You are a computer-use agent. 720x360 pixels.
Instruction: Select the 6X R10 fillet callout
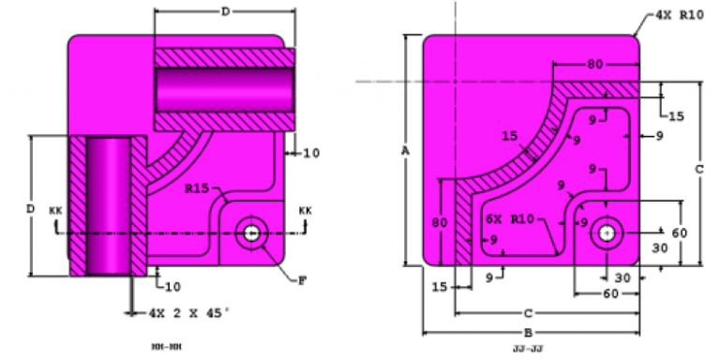tap(509, 219)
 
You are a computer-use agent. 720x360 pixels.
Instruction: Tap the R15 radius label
tap(196, 188)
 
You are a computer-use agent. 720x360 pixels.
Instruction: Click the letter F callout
tap(301, 278)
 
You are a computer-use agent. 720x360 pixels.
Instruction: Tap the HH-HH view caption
tap(166, 347)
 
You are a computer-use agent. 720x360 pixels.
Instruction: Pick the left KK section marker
tap(55, 211)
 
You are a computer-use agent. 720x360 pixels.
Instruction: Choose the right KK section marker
tap(305, 211)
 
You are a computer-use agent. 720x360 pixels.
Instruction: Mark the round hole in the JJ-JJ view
tap(607, 232)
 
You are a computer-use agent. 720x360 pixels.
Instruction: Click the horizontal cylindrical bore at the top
tap(224, 90)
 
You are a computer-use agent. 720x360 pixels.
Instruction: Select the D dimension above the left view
tap(225, 11)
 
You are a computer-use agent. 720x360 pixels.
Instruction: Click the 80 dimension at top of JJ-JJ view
tap(595, 65)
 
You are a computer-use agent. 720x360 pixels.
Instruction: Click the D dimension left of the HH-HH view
tap(30, 206)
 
